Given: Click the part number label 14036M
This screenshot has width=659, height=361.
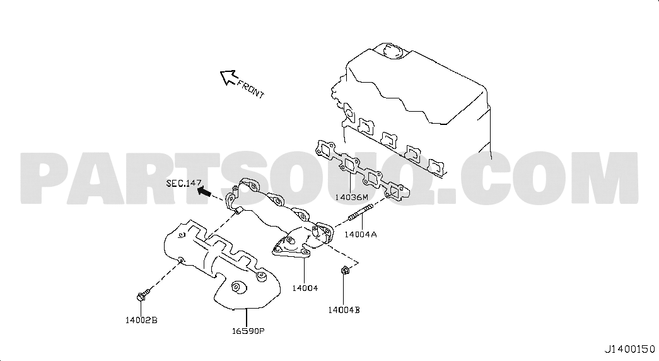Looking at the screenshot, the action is click(351, 197).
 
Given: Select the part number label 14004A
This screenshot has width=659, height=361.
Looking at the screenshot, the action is click(361, 234).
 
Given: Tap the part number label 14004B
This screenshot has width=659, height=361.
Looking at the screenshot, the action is click(344, 310).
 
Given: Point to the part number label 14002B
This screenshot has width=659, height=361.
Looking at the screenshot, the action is click(141, 320).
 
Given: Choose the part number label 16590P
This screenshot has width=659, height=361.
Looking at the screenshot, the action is click(248, 331).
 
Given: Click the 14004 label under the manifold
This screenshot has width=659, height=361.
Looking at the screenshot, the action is click(305, 288).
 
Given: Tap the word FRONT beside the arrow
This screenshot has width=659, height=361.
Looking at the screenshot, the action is click(250, 89).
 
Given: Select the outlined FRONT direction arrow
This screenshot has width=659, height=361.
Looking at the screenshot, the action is click(229, 77).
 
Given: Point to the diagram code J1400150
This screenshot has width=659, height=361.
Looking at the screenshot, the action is click(629, 349).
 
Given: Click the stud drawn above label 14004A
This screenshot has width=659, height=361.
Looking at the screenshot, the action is click(361, 213).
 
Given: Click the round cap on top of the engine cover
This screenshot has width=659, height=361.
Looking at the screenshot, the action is click(392, 51).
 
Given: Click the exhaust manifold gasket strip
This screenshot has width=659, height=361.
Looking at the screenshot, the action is click(361, 172).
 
